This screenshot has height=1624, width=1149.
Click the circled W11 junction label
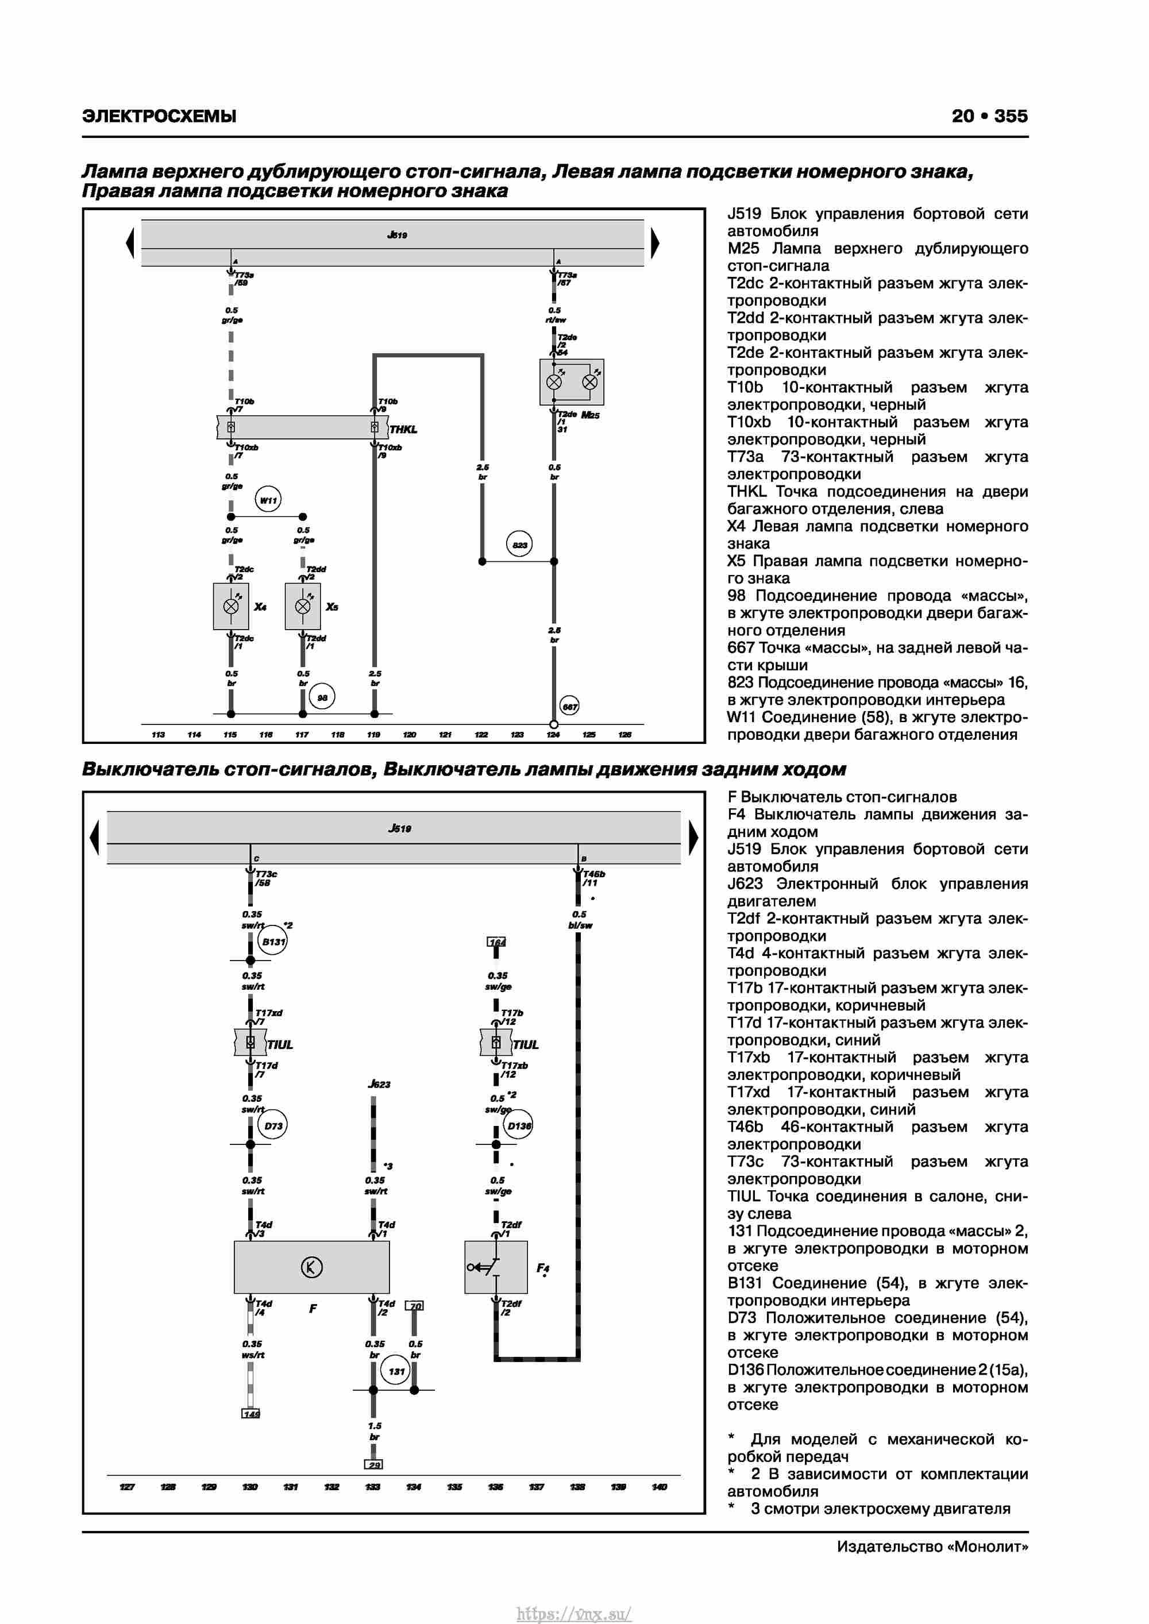268,500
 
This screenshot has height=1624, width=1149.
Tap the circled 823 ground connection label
519,544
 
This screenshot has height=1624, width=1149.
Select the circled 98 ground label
322,697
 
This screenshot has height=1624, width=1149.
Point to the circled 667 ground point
569,706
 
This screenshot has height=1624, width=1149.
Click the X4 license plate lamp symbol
230,606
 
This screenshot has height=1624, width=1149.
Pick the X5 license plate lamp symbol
303,606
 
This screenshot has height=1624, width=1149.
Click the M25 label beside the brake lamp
590,415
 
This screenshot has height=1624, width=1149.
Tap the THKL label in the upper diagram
403,429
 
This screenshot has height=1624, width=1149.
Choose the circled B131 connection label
273,942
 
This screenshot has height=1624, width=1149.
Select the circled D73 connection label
273,1125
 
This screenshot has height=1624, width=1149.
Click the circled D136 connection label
519,1125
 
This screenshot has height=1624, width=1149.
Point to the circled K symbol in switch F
311,1267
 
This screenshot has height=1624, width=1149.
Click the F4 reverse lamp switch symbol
495,1267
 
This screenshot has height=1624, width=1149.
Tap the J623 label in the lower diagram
379,1085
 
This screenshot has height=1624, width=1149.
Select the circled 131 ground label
396,1371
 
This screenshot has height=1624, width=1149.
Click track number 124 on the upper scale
553,735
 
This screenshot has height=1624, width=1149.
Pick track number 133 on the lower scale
373,1487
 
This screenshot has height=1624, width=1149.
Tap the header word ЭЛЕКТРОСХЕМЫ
159,116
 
